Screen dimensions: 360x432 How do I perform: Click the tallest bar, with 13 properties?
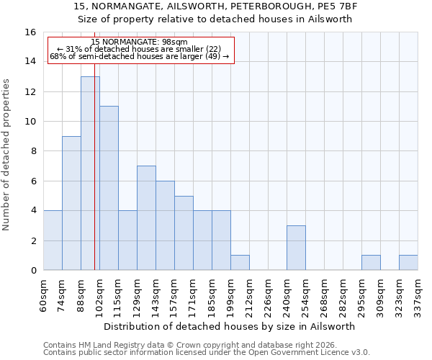(x=90, y=173)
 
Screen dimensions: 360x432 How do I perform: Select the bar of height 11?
(x=109, y=188)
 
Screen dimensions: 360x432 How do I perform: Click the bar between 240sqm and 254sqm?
(x=296, y=248)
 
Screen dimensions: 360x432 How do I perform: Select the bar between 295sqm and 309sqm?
(x=371, y=263)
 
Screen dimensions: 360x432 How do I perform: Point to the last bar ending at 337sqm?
(x=408, y=263)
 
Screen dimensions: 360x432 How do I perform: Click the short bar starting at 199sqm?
(x=240, y=263)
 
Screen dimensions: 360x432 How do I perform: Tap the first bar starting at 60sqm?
(x=53, y=240)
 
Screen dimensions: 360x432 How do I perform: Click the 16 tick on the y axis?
(x=30, y=32)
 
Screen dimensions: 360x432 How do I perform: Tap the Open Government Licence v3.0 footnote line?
(x=207, y=353)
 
